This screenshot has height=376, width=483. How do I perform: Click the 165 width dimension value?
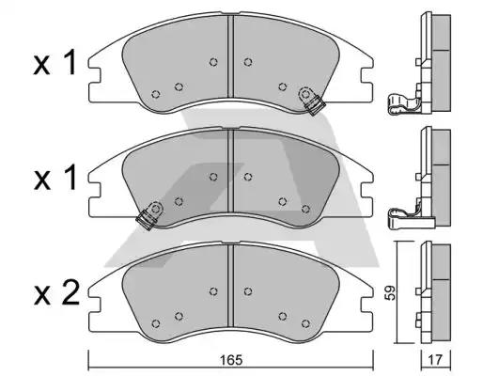[231, 360]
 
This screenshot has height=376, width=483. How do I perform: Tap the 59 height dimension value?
[390, 293]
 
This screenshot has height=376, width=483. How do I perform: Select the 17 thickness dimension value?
[435, 360]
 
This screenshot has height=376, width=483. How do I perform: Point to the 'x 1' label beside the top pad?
[55, 64]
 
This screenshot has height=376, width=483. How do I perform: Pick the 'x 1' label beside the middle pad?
[55, 179]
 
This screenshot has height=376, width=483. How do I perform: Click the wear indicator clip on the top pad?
[311, 100]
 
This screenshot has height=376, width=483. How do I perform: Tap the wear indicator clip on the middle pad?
[150, 215]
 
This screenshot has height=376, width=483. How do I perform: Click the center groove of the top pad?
[230, 56]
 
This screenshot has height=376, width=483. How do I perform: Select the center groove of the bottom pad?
[230, 286]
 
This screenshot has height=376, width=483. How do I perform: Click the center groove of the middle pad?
[230, 171]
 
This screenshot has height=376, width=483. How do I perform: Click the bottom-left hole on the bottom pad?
[156, 323]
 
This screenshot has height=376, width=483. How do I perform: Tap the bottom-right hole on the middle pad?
[305, 209]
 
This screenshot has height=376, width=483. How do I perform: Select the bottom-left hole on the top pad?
[156, 94]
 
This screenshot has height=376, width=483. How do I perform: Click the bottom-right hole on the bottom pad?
[305, 323]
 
